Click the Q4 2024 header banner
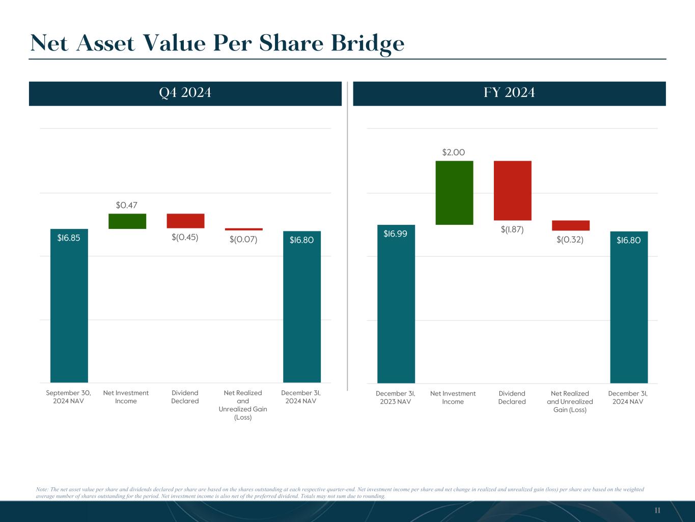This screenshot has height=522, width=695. [x=185, y=93]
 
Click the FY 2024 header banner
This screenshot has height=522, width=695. [x=509, y=93]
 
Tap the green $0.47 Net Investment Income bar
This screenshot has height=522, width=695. [x=127, y=221]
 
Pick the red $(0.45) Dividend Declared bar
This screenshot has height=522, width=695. [x=185, y=221]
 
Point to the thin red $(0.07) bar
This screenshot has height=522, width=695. [x=244, y=229]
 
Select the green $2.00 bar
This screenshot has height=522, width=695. [x=454, y=193]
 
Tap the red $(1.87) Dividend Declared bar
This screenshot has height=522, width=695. [x=512, y=191]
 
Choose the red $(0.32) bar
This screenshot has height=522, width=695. [x=570, y=225]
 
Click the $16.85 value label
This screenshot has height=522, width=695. [x=69, y=238]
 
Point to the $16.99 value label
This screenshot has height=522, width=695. [x=396, y=233]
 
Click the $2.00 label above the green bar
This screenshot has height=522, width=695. [x=454, y=152]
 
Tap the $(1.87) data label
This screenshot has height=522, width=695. [x=512, y=229]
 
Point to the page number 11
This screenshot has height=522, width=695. [x=657, y=510]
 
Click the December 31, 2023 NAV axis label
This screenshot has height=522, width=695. [x=396, y=398]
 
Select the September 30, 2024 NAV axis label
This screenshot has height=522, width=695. [x=69, y=397]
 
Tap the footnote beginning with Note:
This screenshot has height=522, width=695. [x=340, y=492]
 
